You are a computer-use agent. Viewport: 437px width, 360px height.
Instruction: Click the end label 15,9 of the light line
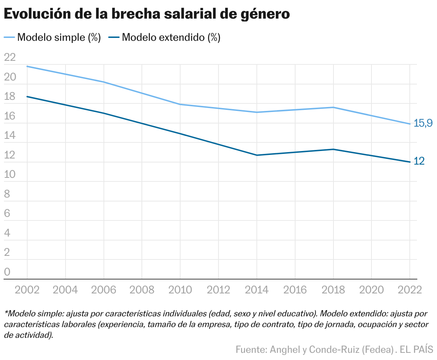423,123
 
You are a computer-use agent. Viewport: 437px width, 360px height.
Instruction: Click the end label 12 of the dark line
419,161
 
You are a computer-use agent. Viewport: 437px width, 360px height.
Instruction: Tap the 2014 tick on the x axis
256,290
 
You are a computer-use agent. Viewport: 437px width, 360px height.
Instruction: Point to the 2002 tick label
27,290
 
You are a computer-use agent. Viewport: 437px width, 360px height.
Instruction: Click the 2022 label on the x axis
409,290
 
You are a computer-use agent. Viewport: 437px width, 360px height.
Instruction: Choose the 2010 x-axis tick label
180,290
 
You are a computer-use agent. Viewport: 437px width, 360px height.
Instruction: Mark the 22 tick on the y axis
10,57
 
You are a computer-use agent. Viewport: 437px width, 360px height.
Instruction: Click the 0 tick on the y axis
7,272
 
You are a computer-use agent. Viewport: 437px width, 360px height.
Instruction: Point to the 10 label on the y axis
10,175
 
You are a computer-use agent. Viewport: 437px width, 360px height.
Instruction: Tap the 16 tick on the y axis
10,116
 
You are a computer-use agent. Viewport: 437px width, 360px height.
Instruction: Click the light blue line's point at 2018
333,107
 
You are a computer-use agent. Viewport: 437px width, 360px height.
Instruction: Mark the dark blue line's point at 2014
256,155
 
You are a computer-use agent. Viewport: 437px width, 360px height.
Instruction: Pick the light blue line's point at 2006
104,82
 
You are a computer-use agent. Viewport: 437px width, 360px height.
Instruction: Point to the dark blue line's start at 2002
27,97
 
